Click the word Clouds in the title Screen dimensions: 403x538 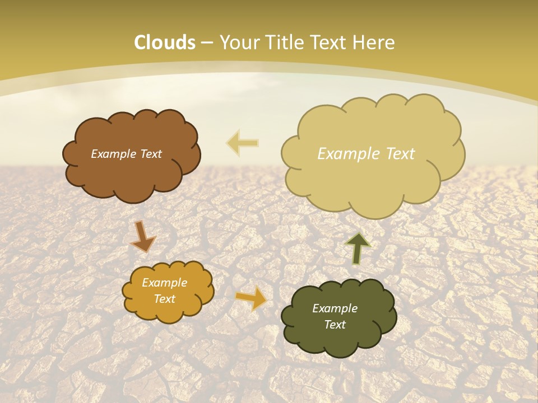pyautogui.click(x=165, y=43)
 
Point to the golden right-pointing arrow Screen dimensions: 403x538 pyautogui.click(x=251, y=297)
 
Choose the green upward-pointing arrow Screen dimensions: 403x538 pyautogui.click(x=358, y=248)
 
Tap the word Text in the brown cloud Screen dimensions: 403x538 pyautogui.click(x=151, y=154)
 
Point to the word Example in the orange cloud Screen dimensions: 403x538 pyautogui.click(x=164, y=283)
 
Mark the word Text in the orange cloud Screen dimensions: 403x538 pyautogui.click(x=165, y=299)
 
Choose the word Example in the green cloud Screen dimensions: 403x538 pyautogui.click(x=335, y=308)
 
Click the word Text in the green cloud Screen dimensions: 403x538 pyautogui.click(x=335, y=325)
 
